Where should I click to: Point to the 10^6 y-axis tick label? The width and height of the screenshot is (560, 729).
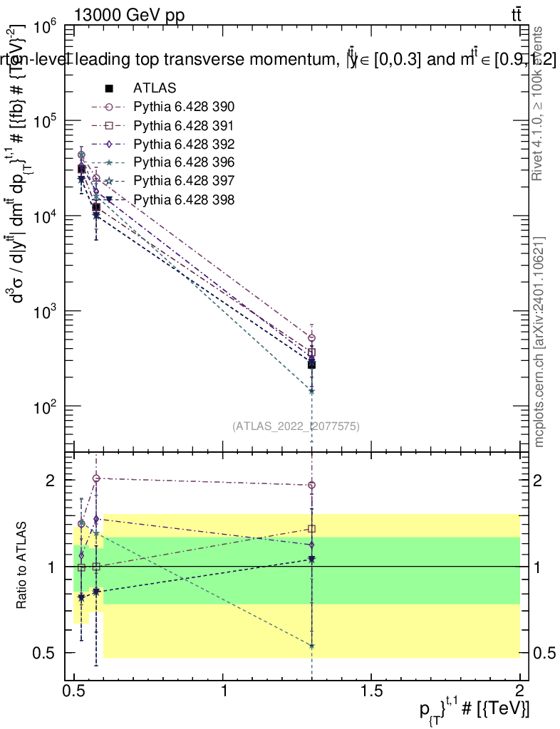click(x=44, y=28)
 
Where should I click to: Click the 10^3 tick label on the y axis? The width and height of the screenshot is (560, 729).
click(x=44, y=312)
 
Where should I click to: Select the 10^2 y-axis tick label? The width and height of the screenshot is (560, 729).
click(x=44, y=407)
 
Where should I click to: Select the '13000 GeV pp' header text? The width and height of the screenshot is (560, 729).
click(x=129, y=14)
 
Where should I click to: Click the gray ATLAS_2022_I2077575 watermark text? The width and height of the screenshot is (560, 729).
click(x=296, y=426)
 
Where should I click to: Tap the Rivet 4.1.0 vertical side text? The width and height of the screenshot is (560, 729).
click(x=539, y=103)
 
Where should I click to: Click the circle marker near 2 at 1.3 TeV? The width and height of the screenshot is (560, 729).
click(x=311, y=485)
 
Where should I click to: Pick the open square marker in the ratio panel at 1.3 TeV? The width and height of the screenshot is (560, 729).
click(x=311, y=529)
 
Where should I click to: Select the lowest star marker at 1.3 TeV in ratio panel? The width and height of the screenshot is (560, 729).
click(x=311, y=646)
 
